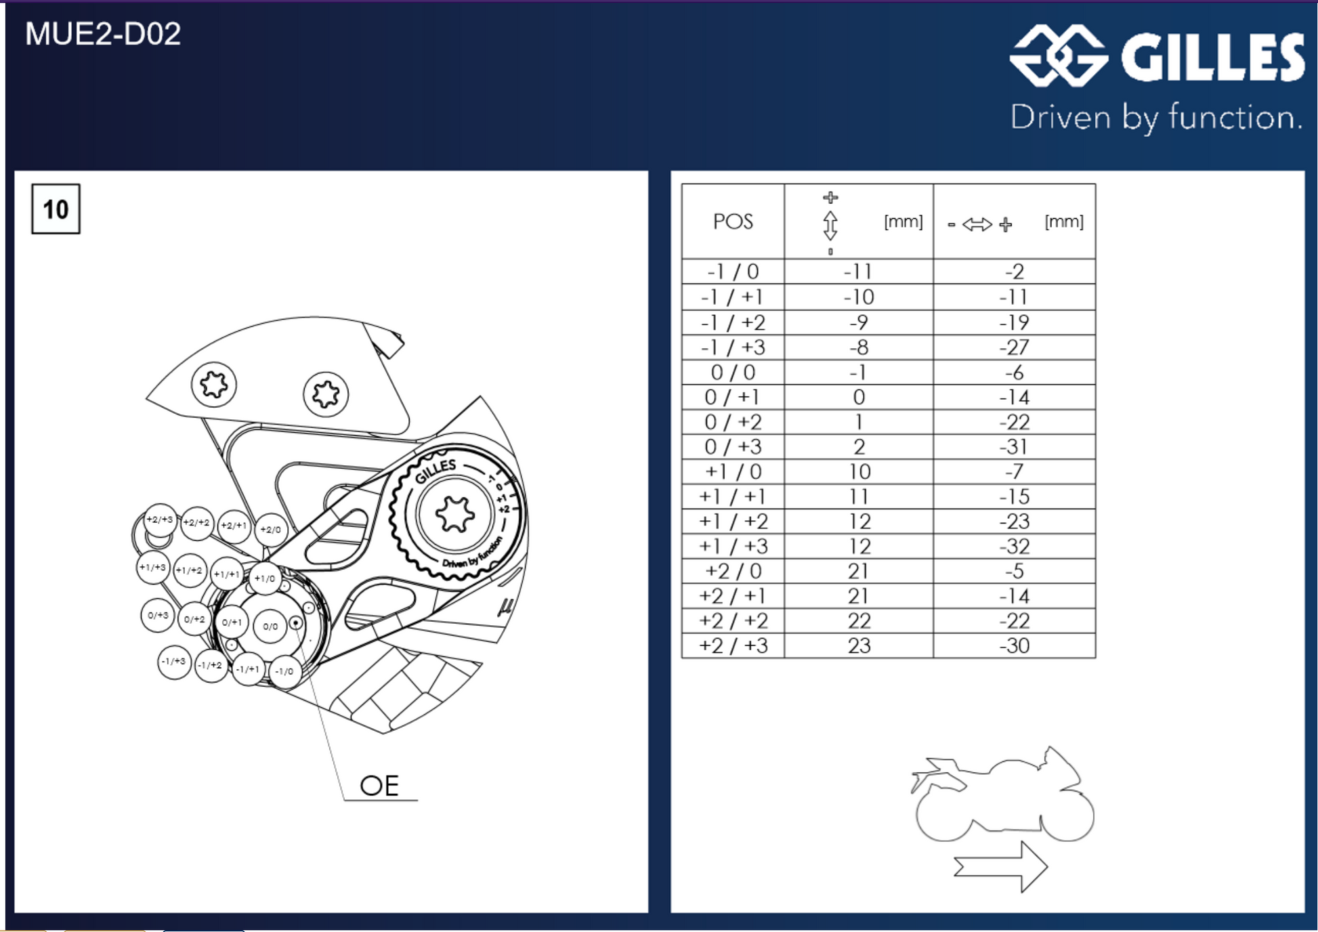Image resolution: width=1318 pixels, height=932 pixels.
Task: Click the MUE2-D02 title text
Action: pos(103,34)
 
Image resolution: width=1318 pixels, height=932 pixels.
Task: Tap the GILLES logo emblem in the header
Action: pos(1059,56)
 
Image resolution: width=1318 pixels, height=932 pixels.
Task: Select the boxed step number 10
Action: pos(56,209)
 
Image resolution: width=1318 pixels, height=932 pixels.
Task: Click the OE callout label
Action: pos(379,786)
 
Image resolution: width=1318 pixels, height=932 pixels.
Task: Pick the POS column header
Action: pos(733,221)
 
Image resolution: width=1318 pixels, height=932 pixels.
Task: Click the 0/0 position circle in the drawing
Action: pos(270,627)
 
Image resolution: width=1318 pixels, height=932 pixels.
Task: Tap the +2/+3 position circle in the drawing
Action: pos(160,520)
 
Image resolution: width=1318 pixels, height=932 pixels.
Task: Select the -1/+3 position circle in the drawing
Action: pos(174,662)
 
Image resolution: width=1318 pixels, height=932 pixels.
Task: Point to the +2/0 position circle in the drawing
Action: pos(271,530)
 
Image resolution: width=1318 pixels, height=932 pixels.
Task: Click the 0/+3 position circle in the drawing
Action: pos(158,616)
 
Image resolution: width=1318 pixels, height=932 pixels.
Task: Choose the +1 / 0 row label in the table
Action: pos(733,472)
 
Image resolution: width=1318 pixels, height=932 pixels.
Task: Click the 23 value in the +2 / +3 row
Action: pos(859,645)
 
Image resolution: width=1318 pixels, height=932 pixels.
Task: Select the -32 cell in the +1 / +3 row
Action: pos(1014,547)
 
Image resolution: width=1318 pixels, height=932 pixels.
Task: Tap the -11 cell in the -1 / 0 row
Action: pos(858,272)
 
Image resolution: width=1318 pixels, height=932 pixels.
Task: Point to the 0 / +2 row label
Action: pos(733,423)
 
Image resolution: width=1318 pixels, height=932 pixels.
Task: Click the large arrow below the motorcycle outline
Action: pos(1000,866)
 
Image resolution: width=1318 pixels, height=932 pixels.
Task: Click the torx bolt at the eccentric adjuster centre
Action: pos(454,515)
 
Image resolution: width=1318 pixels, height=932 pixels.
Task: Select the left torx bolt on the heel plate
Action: pos(214,385)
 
